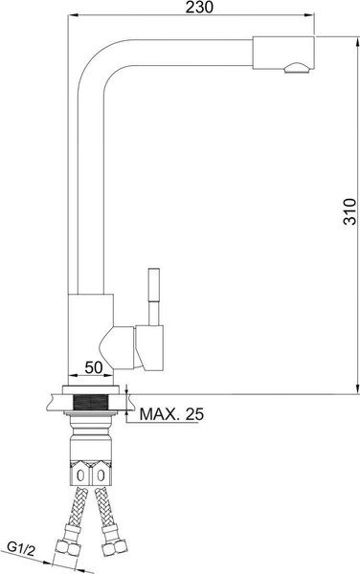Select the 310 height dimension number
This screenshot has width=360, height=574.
(349, 211)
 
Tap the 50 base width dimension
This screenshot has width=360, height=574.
(94, 366)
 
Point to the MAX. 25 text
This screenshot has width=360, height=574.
(171, 414)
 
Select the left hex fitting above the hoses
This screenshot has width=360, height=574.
(80, 473)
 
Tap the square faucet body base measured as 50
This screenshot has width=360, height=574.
(91, 330)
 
